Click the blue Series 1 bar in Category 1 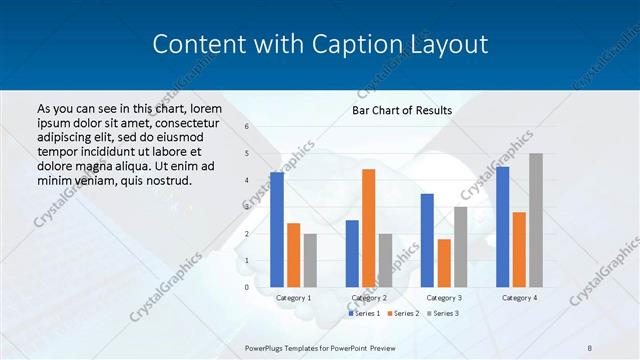pos(277,230)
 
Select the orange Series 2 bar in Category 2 pos(368,228)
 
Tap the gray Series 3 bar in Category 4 pos(536,220)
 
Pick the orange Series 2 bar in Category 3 pos(444,263)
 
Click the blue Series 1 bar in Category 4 pos(503,227)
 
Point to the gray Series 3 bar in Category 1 pos(310,260)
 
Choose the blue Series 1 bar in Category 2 pos(352,253)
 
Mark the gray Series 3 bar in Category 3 pos(460,247)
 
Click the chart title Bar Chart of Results pos(402,110)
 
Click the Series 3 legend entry pos(442,313)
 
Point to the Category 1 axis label pos(293,298)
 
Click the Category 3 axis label pos(443,298)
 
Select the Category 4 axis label pos(518,298)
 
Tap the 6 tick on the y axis pos(247,127)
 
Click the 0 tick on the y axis pos(247,287)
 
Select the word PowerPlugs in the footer pos(267,347)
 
